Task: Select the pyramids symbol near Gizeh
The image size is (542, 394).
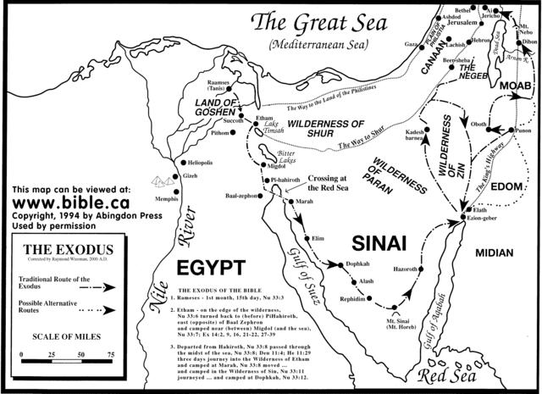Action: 157,180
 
